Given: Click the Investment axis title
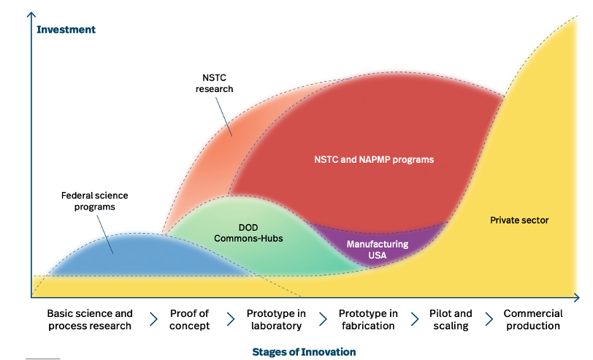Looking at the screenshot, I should tap(66, 30).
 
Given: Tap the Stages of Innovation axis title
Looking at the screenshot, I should tap(304, 352).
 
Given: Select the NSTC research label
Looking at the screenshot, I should tap(218, 83).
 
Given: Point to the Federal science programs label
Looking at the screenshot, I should tap(94, 201).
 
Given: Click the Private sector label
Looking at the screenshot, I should tap(519, 220).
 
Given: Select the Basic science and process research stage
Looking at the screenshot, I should tap(90, 320).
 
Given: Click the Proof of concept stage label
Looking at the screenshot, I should tap(189, 320).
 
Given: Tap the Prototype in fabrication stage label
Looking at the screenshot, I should tap(368, 320).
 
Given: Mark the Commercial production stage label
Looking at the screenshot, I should tap(533, 320).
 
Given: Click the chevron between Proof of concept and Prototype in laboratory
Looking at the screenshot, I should tap(231, 320).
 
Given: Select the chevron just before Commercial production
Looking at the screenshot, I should tap(489, 320).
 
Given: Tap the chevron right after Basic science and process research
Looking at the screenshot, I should tap(153, 320).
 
